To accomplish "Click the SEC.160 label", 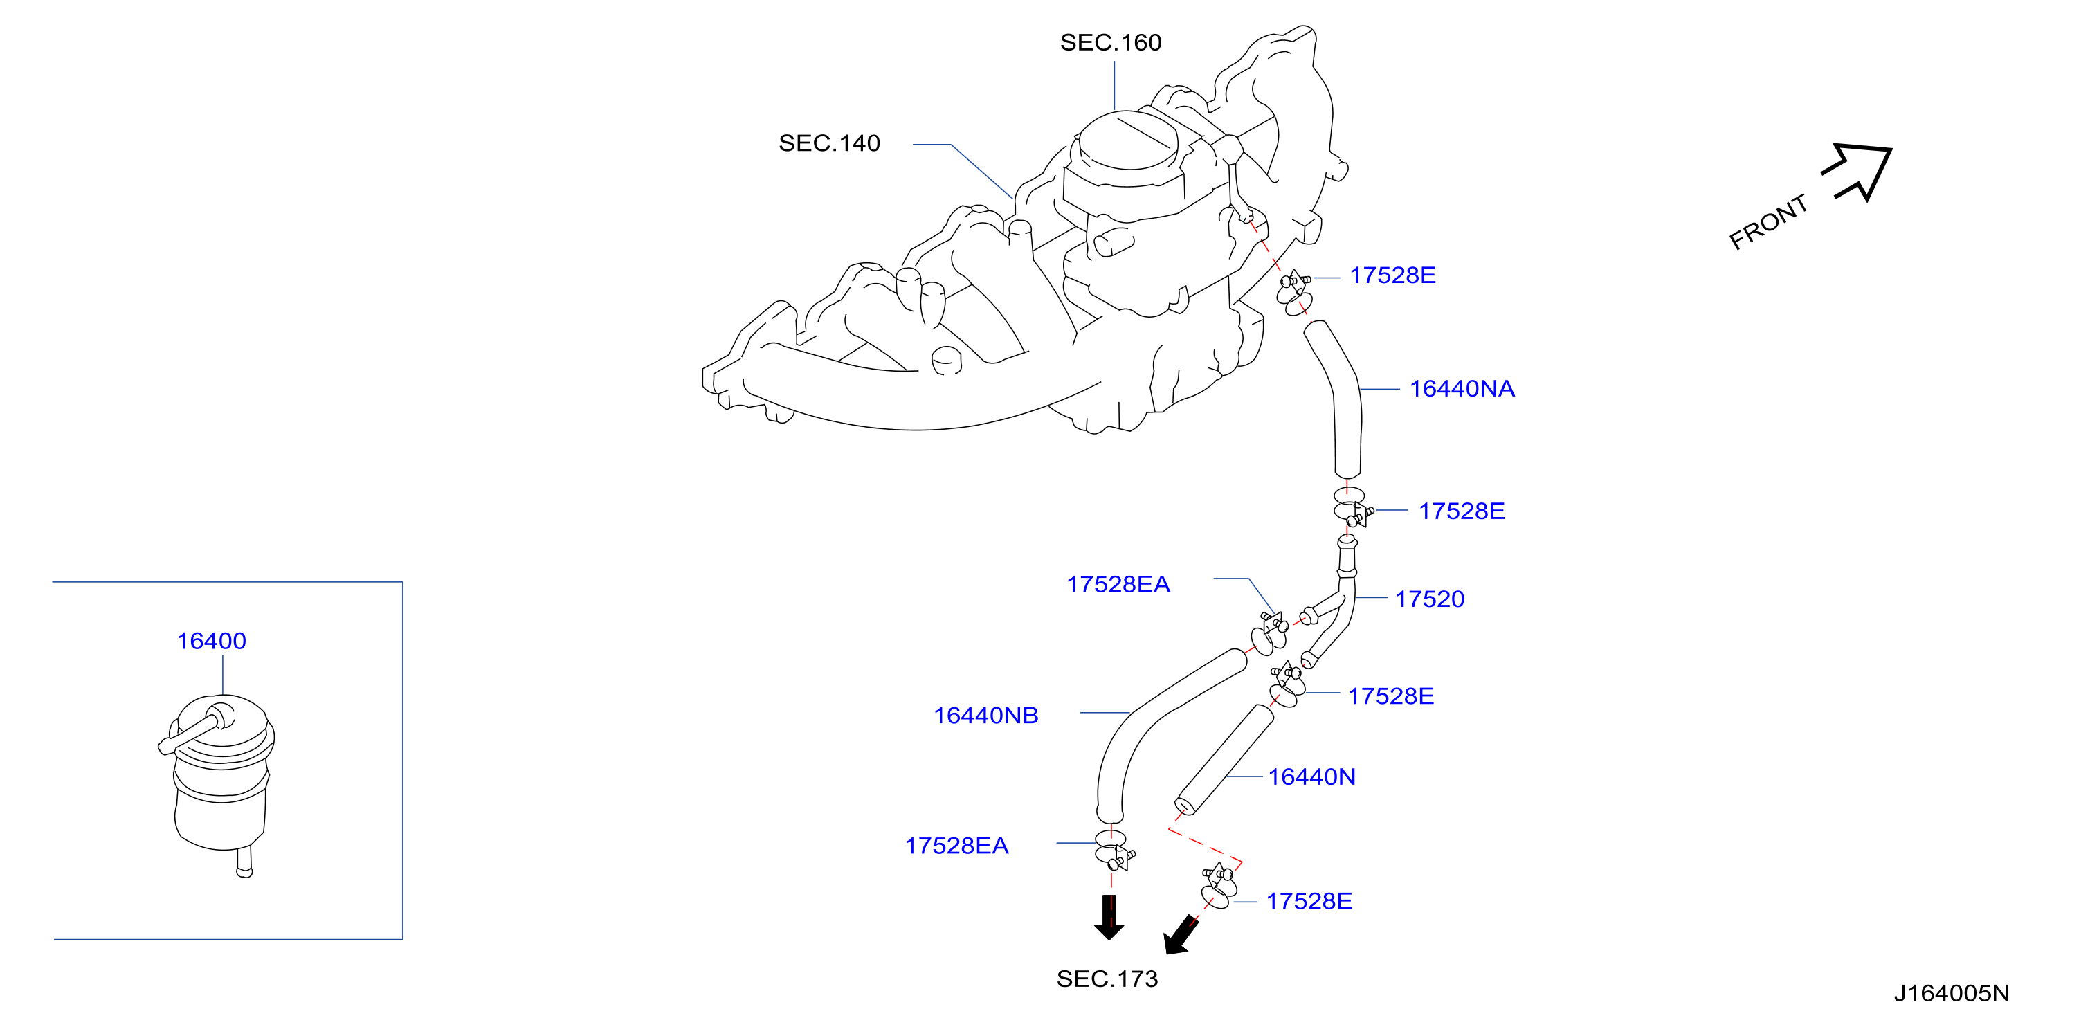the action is tap(1110, 42).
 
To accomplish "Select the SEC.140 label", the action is tap(829, 143).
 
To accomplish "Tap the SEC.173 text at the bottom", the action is tap(1107, 979).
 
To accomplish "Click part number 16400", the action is tap(211, 641).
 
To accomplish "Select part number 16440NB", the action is tap(985, 716).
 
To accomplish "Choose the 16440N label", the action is tap(1311, 777).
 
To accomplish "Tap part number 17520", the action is tap(1430, 599).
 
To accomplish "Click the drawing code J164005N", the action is tap(1952, 993).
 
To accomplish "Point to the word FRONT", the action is tap(1768, 221).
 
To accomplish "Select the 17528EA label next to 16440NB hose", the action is tap(1118, 584).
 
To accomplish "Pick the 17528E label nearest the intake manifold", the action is tap(1392, 275).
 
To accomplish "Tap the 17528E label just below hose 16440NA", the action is tap(1461, 511).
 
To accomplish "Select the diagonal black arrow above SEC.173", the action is tap(1181, 934).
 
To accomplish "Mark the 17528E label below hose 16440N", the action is tap(1309, 901).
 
